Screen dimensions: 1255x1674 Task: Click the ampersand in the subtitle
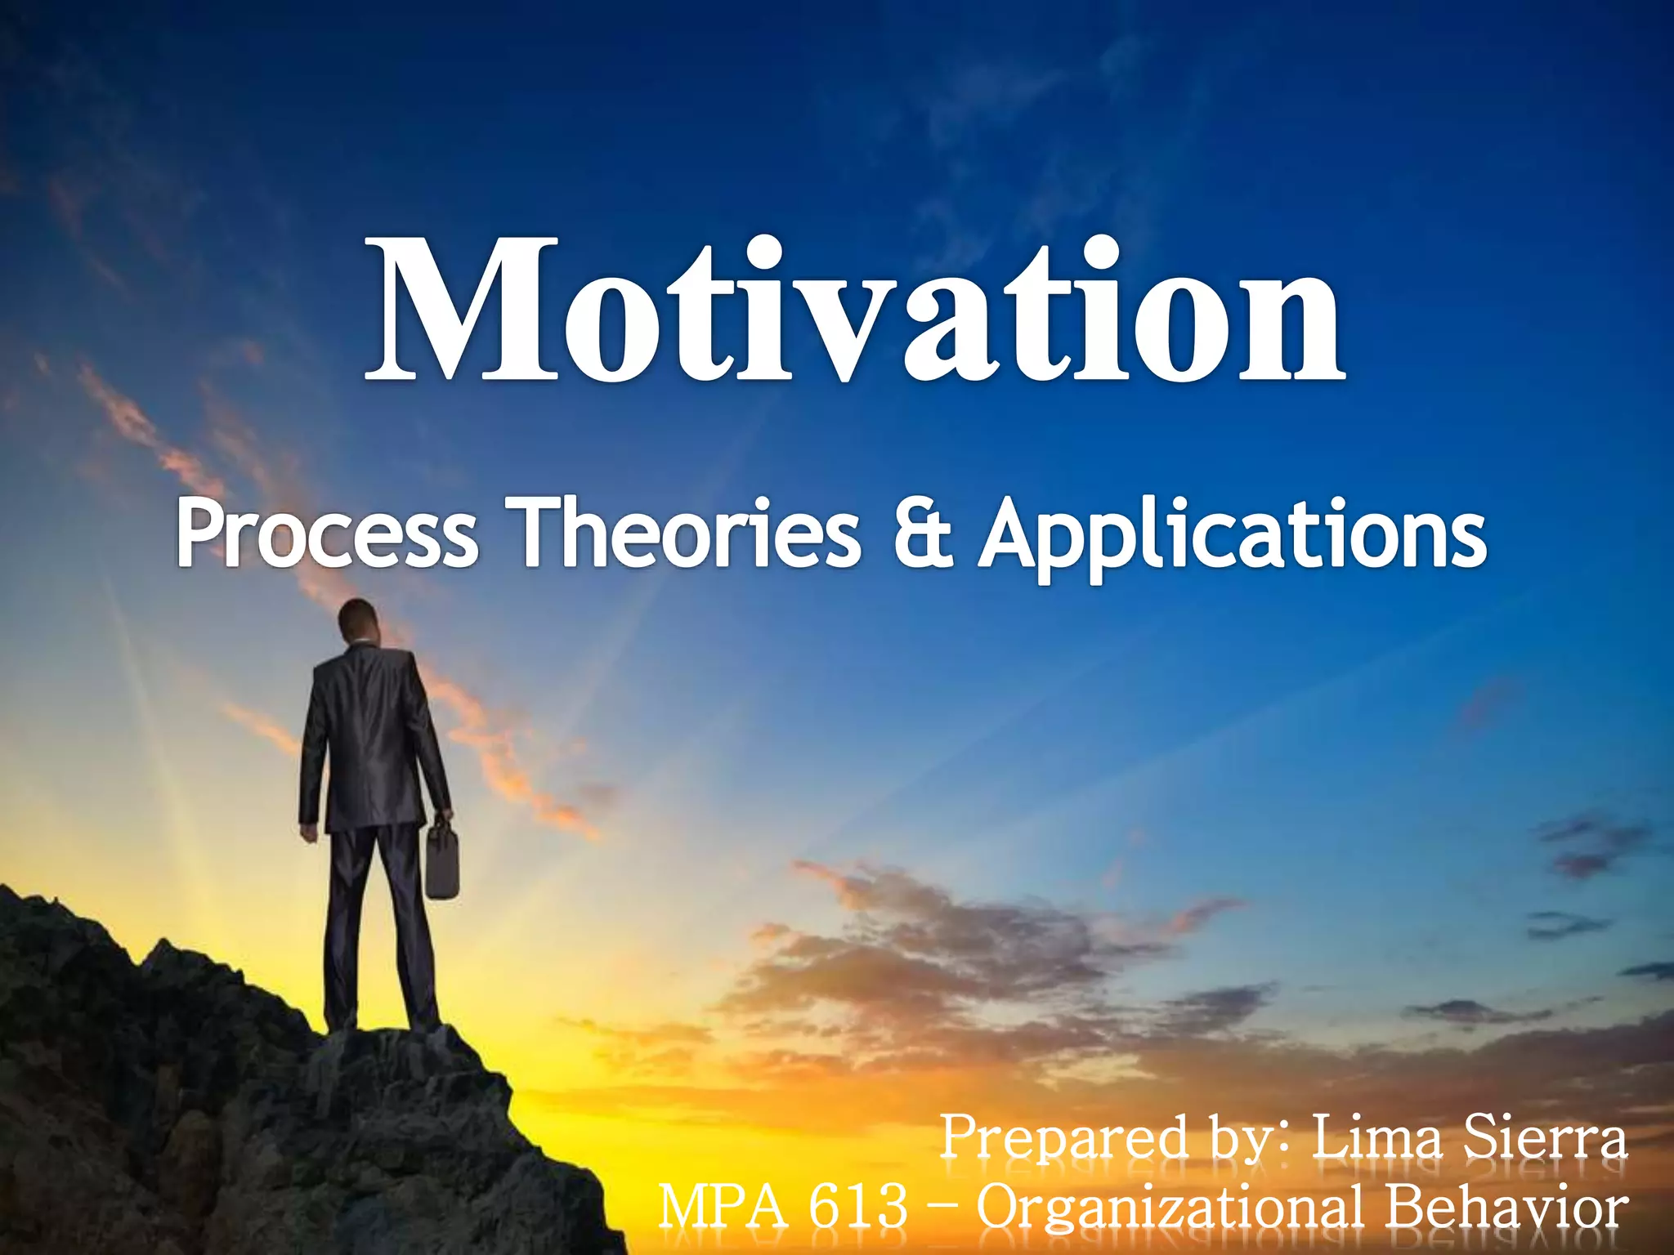pos(922,535)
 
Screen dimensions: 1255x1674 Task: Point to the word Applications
pos(1234,535)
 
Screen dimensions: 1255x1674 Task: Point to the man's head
pos(358,621)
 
